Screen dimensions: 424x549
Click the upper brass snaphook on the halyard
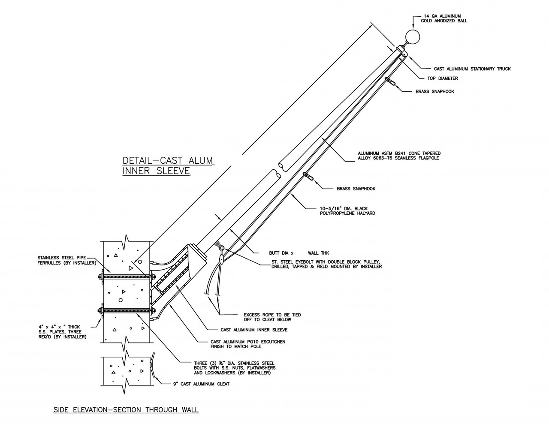click(391, 81)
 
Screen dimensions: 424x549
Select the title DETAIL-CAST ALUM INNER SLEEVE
click(168, 166)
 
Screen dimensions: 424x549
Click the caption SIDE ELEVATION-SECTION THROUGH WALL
click(126, 410)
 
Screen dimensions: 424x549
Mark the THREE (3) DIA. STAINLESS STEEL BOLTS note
click(234, 368)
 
